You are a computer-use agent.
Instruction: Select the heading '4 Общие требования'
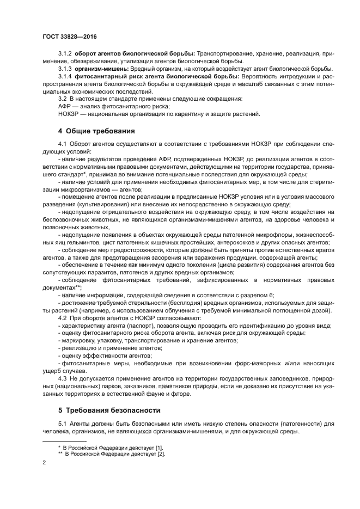point(97,131)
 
